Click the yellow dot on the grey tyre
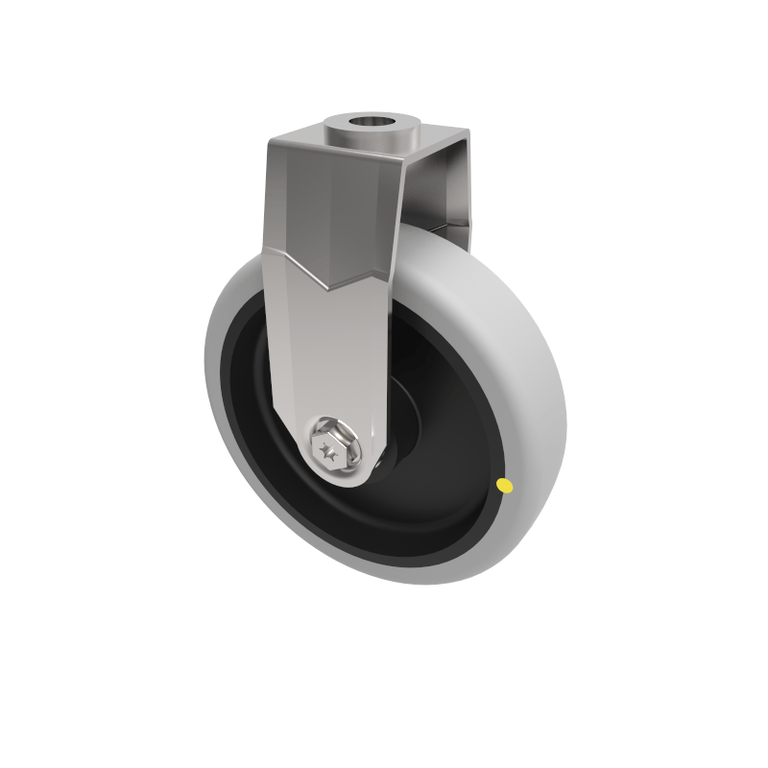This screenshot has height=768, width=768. (505, 487)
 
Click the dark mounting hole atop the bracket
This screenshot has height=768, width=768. (375, 123)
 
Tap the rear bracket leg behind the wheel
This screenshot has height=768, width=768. (456, 192)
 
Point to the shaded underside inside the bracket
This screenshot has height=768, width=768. (437, 216)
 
